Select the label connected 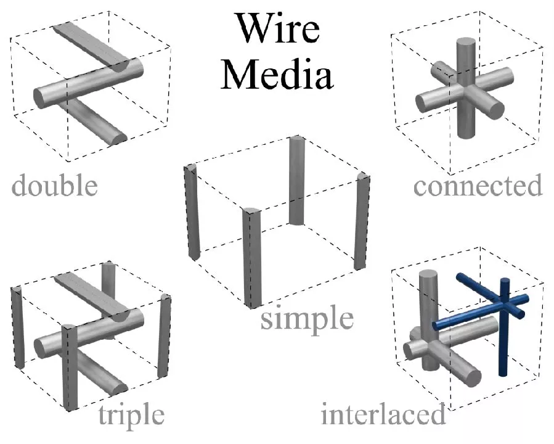tap(478, 184)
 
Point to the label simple tap(307, 319)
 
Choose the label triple tap(131, 415)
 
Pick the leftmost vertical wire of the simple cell tap(193, 213)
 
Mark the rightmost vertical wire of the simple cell tap(361, 222)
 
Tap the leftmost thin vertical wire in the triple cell tap(18, 327)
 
